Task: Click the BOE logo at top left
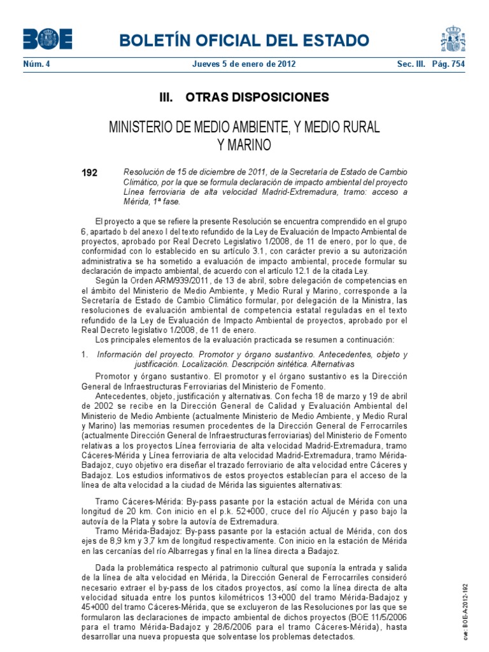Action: [47, 39]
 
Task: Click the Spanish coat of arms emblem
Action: [453, 39]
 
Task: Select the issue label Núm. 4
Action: [36, 64]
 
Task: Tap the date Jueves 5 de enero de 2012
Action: [244, 64]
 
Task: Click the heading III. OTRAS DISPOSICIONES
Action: [244, 97]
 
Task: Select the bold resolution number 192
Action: [90, 173]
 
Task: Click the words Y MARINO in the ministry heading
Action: [244, 145]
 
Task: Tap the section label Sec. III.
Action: [411, 64]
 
